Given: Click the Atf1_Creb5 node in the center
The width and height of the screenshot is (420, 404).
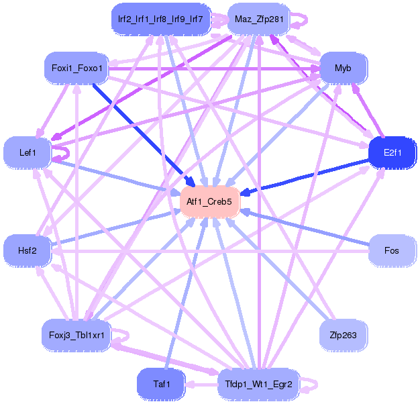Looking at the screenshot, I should pyautogui.click(x=210, y=201).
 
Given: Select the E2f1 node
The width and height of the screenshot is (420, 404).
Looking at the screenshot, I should pyautogui.click(x=392, y=153).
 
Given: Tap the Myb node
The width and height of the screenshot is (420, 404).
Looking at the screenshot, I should pyautogui.click(x=343, y=68).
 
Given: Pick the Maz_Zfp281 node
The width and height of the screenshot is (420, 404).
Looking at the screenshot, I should pyautogui.click(x=258, y=19).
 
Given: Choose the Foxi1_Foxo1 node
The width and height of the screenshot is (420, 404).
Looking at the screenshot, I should pyautogui.click(x=77, y=68).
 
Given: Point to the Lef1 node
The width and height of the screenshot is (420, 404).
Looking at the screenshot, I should pyautogui.click(x=28, y=153).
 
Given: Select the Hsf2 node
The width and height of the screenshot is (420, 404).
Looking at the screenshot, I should pyautogui.click(x=28, y=251).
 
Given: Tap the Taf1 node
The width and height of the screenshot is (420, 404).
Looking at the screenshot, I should pyautogui.click(x=160, y=384).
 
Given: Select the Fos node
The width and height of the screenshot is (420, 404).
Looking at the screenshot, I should pyautogui.click(x=392, y=251).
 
